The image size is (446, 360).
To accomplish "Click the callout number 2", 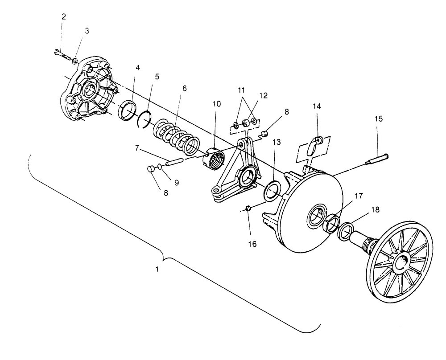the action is click(x=64, y=16).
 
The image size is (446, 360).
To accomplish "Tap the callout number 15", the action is click(x=379, y=119).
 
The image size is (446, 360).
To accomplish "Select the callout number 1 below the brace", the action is click(x=157, y=269).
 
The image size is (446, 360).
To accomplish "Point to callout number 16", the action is click(x=252, y=244).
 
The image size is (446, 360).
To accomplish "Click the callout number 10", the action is click(x=216, y=103).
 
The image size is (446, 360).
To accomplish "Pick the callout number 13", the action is click(x=277, y=142).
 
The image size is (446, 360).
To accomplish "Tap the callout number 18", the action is click(x=376, y=210).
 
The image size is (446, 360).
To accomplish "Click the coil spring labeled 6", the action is click(x=176, y=136).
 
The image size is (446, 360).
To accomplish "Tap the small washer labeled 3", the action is click(x=75, y=61).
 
